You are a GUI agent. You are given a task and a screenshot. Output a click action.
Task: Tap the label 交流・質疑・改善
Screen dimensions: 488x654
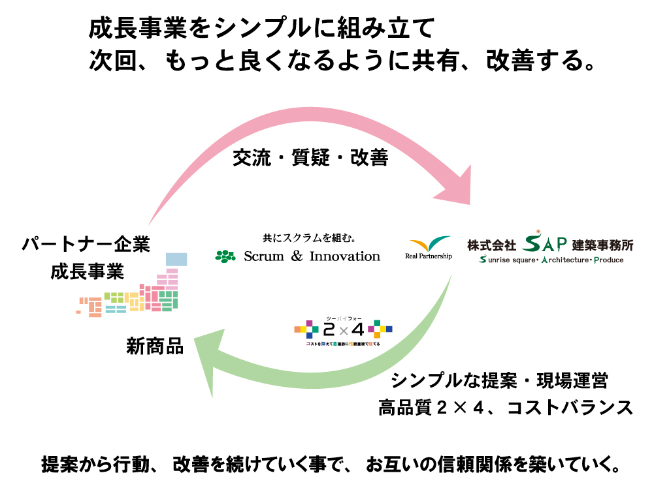pyautogui.click(x=311, y=158)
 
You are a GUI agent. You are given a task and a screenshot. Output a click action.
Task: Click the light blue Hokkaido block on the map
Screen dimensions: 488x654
pyautogui.click(x=176, y=259)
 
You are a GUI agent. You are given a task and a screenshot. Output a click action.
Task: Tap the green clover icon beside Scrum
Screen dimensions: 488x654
pyautogui.click(x=225, y=256)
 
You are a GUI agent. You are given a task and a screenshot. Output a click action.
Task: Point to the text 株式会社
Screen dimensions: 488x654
pyautogui.click(x=491, y=245)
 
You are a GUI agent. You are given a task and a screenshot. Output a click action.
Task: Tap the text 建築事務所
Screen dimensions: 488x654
pyautogui.click(x=602, y=245)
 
